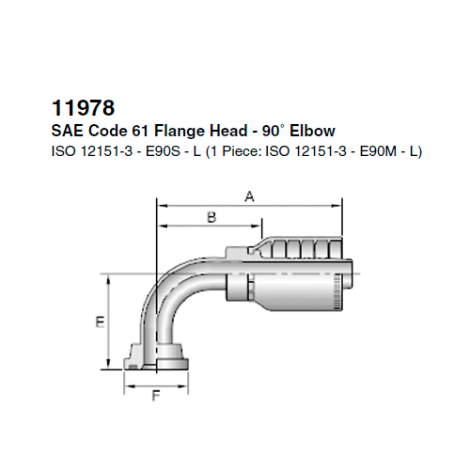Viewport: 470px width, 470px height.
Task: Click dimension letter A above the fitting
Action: tap(249, 196)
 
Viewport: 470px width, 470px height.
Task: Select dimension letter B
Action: tap(211, 217)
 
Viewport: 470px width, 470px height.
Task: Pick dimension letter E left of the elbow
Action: tap(99, 321)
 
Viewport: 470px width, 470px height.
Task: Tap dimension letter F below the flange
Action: tap(154, 397)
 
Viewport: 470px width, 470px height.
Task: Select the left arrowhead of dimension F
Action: tap(130, 385)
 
